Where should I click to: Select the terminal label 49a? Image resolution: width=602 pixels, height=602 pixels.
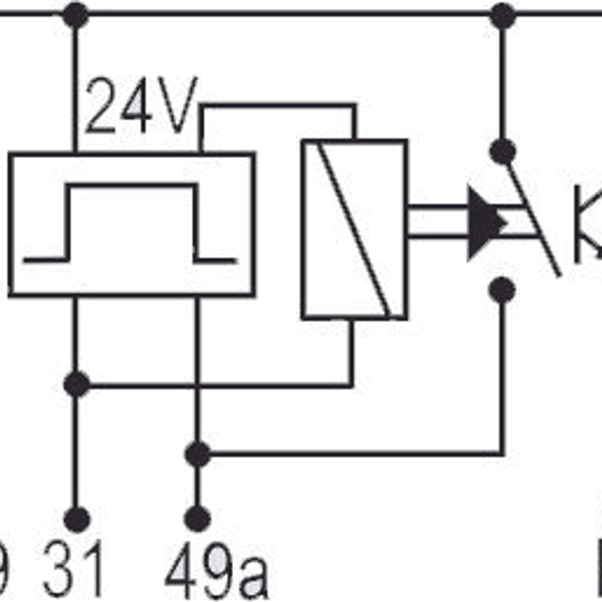point(216,572)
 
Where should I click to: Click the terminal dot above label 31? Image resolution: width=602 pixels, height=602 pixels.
point(77,520)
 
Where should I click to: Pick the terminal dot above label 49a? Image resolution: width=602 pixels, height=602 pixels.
point(197,519)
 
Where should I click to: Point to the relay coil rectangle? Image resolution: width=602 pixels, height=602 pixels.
point(354,229)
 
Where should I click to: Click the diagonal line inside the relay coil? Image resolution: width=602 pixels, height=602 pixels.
point(354,229)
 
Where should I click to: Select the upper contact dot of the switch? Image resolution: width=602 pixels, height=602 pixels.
point(502,151)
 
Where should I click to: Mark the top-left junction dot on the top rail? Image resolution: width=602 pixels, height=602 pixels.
point(75,15)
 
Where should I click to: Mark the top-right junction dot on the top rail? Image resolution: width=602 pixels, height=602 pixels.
point(502,15)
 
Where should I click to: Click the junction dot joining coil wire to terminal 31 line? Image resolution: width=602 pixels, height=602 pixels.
point(77,384)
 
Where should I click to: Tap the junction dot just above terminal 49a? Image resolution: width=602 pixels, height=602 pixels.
point(198,454)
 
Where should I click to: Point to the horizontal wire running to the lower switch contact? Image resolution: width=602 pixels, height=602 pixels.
point(356,453)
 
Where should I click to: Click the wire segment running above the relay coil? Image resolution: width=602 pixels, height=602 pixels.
point(278,106)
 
